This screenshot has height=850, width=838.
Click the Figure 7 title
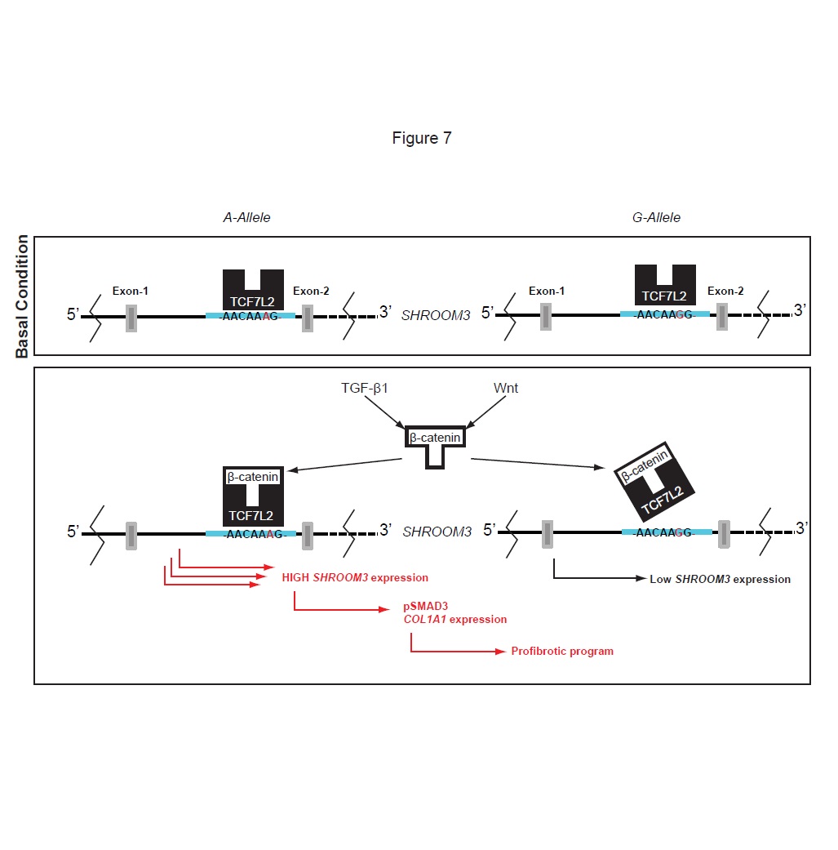tap(421, 138)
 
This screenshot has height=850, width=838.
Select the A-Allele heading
tap(246, 218)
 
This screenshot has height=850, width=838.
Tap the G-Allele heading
tap(656, 218)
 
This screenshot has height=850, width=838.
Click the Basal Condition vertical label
tap(22, 296)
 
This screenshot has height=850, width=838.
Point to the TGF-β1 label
tap(364, 389)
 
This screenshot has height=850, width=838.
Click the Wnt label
tap(506, 389)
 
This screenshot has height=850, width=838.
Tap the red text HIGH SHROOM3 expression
tap(355, 577)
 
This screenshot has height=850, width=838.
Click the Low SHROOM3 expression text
tap(720, 579)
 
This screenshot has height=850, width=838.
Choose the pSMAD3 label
tap(425, 606)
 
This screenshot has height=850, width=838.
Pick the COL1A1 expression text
tap(454, 619)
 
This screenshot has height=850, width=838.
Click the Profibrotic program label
tap(562, 651)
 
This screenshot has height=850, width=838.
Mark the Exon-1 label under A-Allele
tap(131, 291)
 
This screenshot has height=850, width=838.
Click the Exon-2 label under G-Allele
tap(725, 291)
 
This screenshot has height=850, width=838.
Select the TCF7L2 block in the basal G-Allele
tap(665, 287)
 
